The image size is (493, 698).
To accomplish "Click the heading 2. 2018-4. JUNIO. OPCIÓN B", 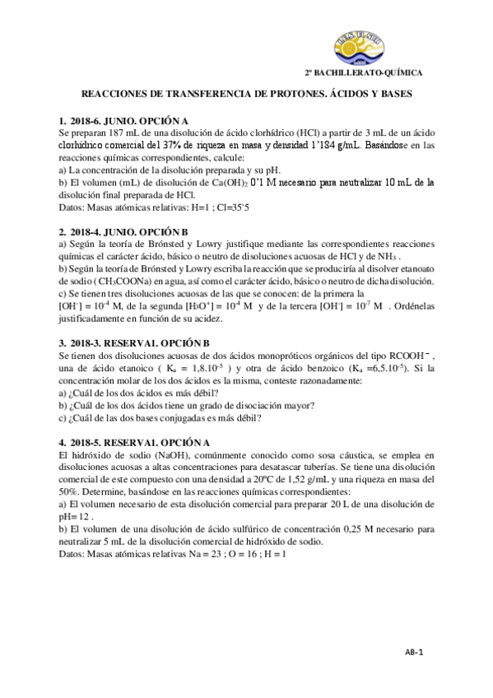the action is tap(123, 233).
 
